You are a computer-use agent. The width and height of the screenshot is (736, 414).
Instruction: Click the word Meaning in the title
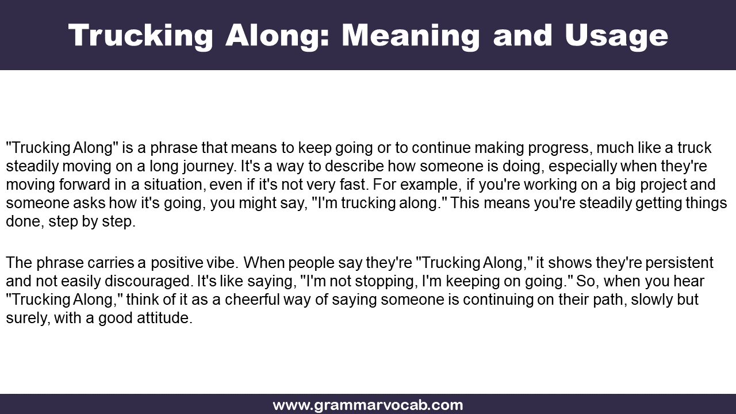click(411, 36)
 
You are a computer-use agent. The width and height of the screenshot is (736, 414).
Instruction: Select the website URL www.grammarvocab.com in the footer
click(368, 405)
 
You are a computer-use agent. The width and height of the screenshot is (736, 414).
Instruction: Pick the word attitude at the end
click(164, 318)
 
